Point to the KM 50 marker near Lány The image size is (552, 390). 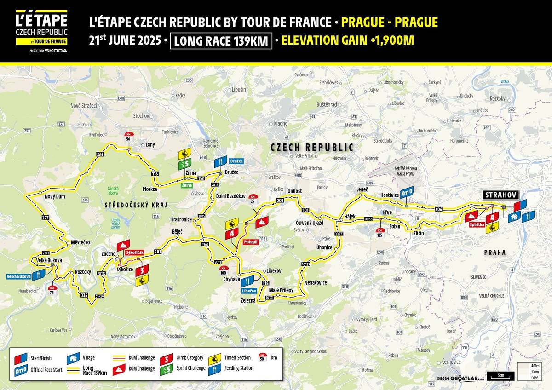pos(129,136)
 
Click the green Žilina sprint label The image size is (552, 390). pos(187,184)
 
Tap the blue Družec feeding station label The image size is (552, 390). pos(236,161)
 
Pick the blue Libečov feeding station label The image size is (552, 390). pos(248,291)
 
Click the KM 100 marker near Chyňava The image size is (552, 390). pos(224,270)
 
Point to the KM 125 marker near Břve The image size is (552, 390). pos(380,233)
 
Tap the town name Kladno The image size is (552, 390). pos(280,123)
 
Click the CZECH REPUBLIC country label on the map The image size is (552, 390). pos(312,148)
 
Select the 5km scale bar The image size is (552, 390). pos(500,375)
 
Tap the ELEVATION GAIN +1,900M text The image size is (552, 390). pos(347,40)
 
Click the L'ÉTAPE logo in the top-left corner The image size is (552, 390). pos(41,30)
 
